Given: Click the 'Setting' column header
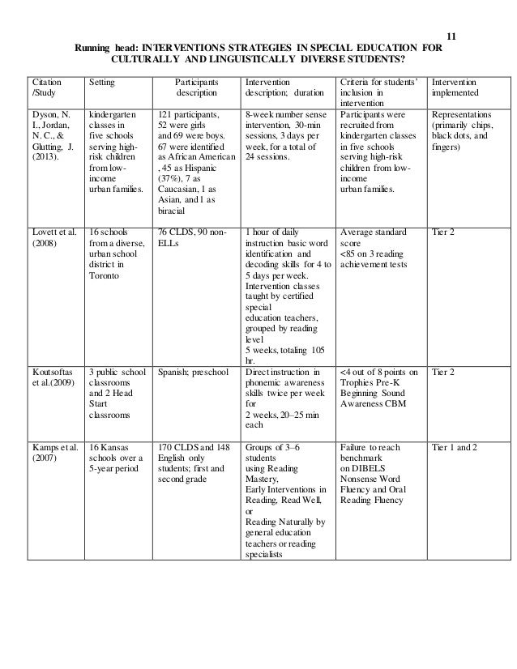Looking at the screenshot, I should [x=101, y=83].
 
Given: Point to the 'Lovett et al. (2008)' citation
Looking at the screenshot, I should [x=53, y=241].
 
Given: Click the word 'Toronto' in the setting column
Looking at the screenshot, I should [x=105, y=275].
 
